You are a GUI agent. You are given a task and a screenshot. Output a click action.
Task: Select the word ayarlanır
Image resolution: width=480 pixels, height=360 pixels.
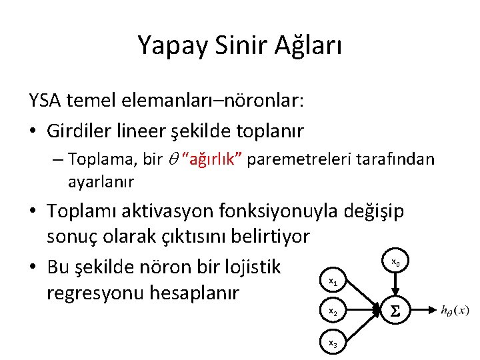tap(101, 181)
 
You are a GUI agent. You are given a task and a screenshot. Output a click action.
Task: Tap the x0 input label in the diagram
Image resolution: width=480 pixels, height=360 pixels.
tap(395, 262)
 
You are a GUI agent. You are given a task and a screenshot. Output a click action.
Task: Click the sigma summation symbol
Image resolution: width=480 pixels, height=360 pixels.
tap(395, 311)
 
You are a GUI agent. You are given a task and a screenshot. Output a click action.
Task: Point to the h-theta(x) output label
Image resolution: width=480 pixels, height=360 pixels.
tap(455, 310)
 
